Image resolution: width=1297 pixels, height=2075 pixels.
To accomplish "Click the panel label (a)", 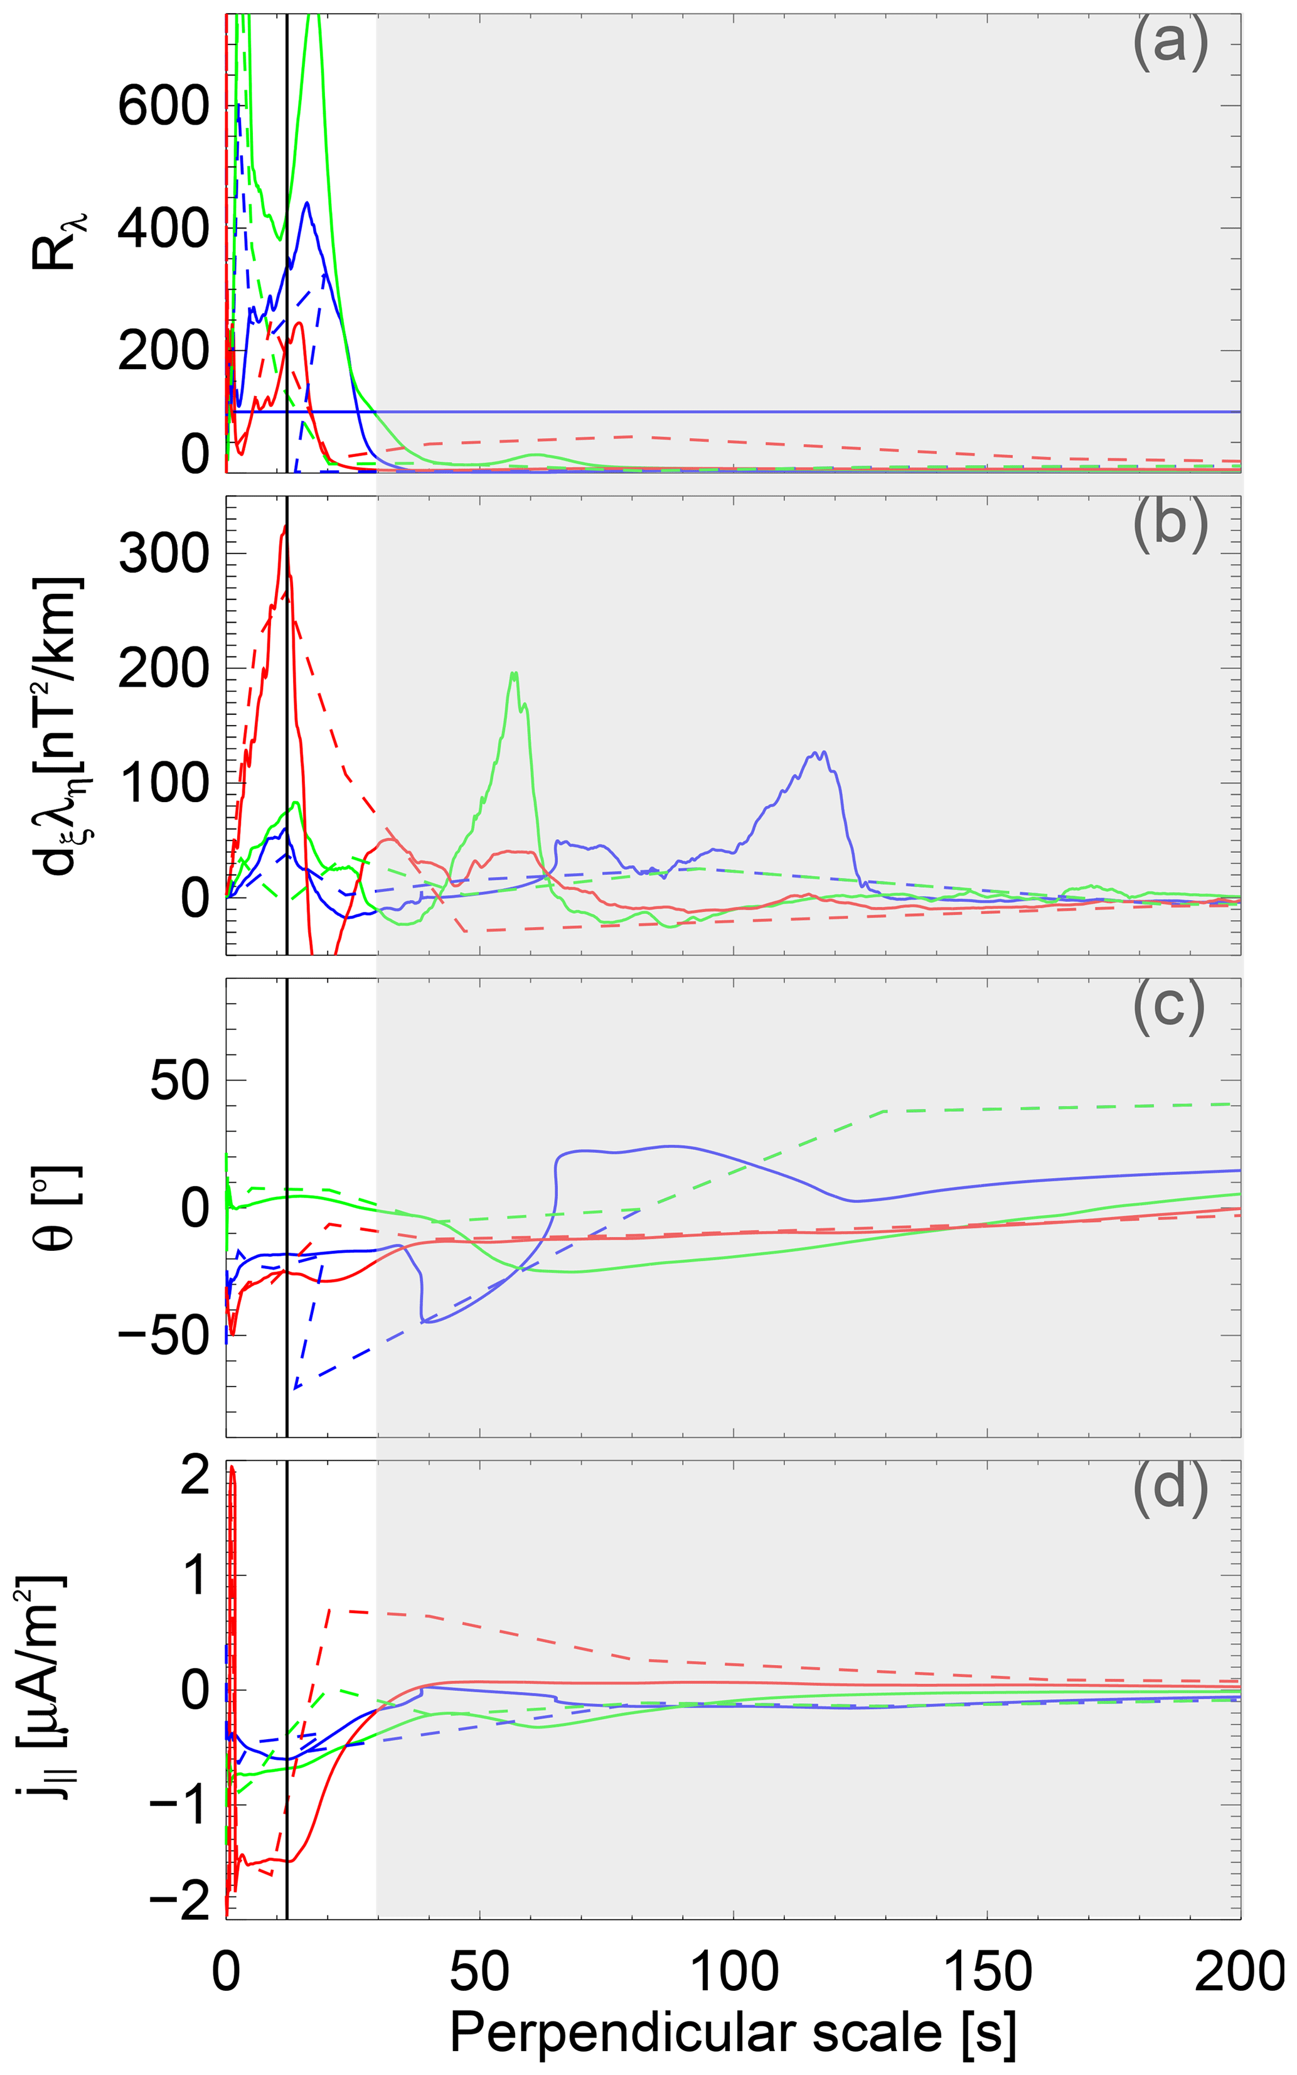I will point(1170,43).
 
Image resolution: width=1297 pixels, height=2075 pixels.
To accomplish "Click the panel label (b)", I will point(1170,523).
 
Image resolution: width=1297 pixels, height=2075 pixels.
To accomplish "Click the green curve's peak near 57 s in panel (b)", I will point(514,673).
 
